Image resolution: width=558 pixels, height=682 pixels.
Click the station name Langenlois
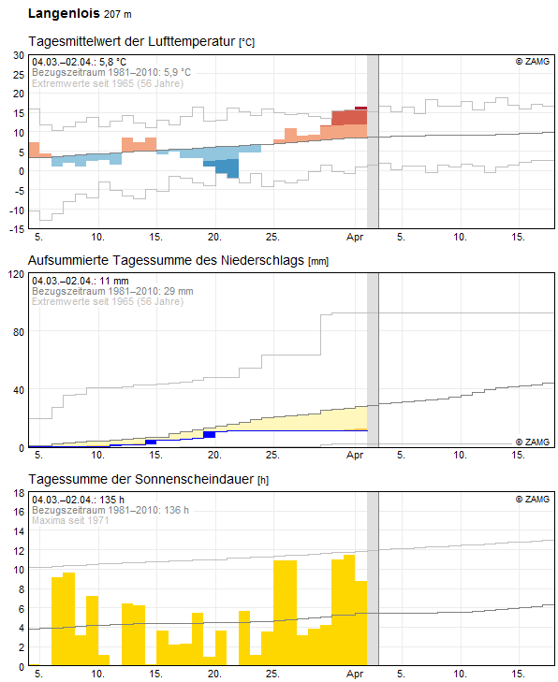[x=64, y=13]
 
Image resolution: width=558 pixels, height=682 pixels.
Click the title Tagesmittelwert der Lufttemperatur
[x=131, y=41]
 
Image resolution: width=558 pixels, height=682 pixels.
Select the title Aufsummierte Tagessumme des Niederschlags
[x=166, y=260]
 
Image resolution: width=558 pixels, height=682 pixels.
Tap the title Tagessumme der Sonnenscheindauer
[x=141, y=479]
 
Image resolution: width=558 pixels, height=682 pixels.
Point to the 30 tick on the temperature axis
[x=19, y=55]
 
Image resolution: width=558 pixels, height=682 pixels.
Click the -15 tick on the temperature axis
[x=17, y=229]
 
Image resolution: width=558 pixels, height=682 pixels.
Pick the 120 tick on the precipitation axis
[x=16, y=274]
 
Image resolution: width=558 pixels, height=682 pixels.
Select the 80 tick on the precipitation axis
[x=19, y=332]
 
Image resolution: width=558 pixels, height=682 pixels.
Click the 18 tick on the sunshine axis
[x=19, y=493]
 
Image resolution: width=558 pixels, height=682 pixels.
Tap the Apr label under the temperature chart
[x=355, y=237]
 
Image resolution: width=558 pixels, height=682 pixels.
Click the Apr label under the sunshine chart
[x=355, y=674]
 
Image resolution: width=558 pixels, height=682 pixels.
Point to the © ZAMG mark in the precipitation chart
[x=533, y=442]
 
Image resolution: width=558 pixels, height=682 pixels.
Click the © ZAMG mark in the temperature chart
[x=533, y=62]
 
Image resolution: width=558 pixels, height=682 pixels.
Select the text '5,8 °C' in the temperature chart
[x=112, y=62]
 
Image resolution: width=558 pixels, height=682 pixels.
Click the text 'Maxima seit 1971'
[x=70, y=520]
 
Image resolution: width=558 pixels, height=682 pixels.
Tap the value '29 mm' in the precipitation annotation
[x=179, y=291]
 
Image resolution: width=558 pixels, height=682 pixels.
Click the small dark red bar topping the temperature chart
[x=360, y=109]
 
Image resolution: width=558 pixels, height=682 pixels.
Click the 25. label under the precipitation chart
[x=272, y=455]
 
